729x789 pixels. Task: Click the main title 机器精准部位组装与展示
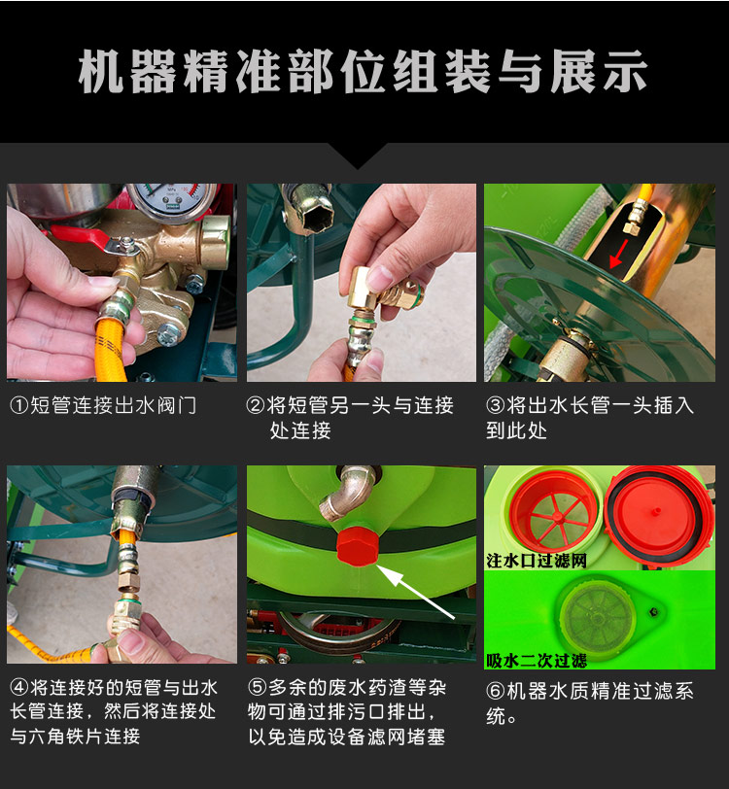pyautogui.click(x=363, y=72)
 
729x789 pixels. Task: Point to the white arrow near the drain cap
pyautogui.click(x=416, y=592)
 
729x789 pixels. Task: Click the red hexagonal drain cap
pyautogui.click(x=357, y=546)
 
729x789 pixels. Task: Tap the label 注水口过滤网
pyautogui.click(x=537, y=561)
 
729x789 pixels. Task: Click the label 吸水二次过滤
pyautogui.click(x=537, y=660)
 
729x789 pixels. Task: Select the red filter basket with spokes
pyautogui.click(x=553, y=513)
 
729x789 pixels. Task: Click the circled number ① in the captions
pyautogui.click(x=19, y=405)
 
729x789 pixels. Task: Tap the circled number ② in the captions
pyautogui.click(x=256, y=405)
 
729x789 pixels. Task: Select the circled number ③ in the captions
pyautogui.click(x=496, y=405)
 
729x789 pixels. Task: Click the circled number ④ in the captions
pyautogui.click(x=19, y=687)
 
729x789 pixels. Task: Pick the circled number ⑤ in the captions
pyautogui.click(x=257, y=687)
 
